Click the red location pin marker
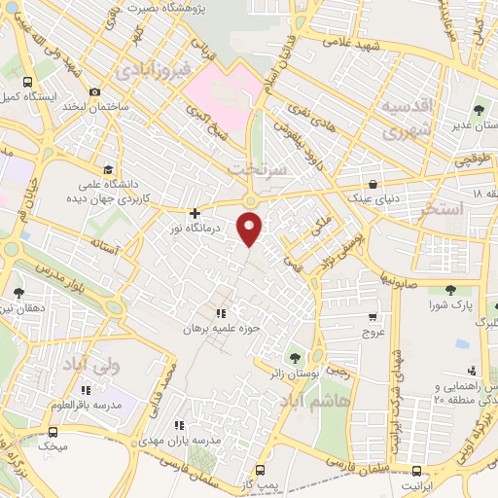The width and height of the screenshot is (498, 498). [x=251, y=229]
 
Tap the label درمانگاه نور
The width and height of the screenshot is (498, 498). [x=231, y=227]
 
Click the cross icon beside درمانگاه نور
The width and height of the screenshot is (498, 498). [x=196, y=212]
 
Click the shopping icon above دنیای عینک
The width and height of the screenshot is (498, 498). [x=373, y=183]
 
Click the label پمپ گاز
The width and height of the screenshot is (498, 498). [x=259, y=483]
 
